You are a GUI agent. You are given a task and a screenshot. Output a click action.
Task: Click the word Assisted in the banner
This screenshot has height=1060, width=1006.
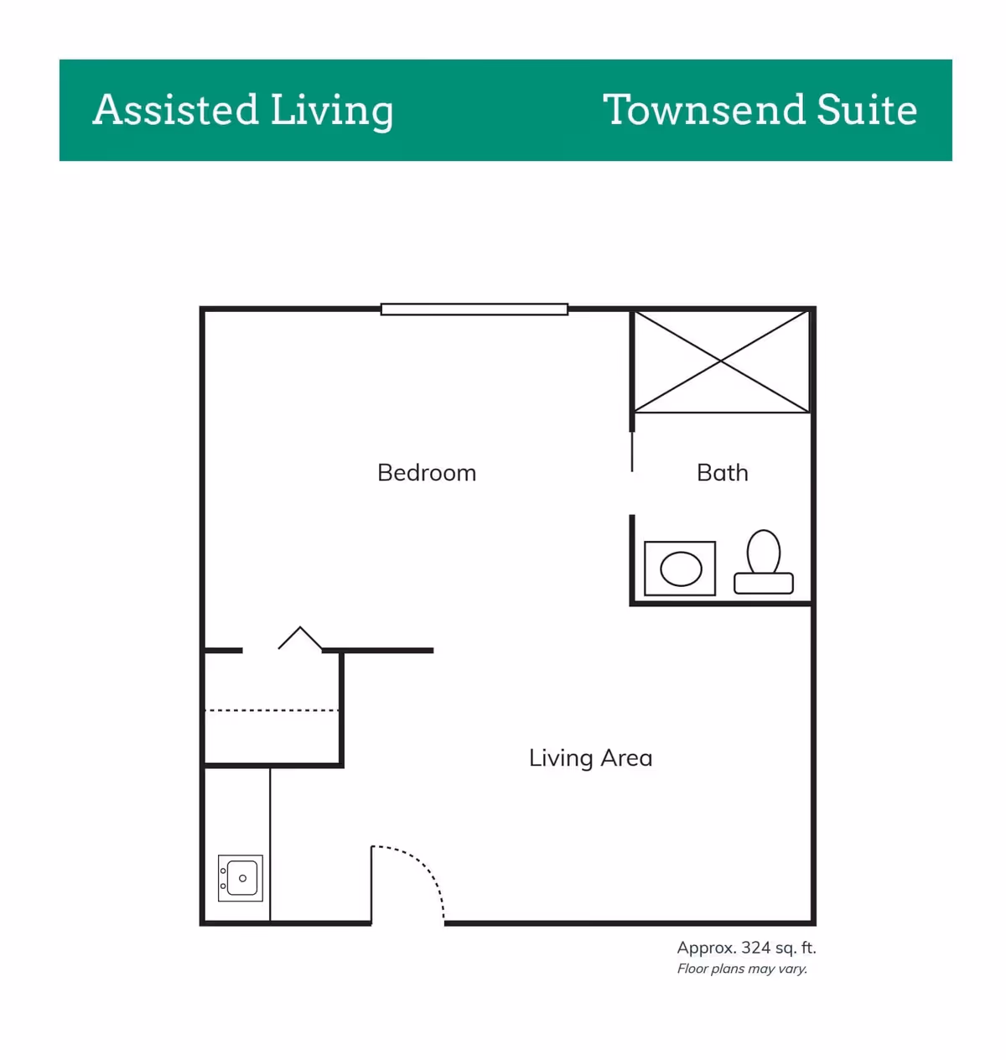pyautogui.click(x=175, y=110)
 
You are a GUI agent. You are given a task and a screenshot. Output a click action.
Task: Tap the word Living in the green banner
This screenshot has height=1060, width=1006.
pyautogui.click(x=332, y=112)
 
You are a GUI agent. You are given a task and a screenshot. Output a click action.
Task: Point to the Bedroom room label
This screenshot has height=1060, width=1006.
pyautogui.click(x=427, y=473)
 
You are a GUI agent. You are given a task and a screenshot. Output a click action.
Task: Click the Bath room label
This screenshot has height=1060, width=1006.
pyautogui.click(x=722, y=473)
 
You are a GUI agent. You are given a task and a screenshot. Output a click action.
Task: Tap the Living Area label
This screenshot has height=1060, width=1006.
pyautogui.click(x=590, y=758)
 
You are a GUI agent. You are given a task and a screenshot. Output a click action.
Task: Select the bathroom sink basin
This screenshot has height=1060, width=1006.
pyautogui.click(x=680, y=569)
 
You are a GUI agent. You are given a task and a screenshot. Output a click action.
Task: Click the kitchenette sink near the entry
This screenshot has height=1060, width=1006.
pyautogui.click(x=241, y=878)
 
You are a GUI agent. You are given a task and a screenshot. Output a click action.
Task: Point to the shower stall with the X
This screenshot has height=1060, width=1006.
pyautogui.click(x=721, y=361)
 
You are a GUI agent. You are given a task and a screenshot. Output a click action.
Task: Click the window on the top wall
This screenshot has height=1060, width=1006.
pyautogui.click(x=474, y=309)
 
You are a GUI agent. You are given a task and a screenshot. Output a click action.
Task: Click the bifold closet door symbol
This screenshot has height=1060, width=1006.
pyautogui.click(x=299, y=638)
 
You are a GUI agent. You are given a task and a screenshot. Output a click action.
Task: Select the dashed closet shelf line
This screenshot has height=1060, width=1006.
pyautogui.click(x=272, y=711)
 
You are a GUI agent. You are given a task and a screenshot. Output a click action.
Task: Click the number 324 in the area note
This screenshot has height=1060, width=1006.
pyautogui.click(x=756, y=948)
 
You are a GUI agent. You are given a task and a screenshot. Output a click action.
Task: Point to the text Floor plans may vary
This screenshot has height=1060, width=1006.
pyautogui.click(x=742, y=969)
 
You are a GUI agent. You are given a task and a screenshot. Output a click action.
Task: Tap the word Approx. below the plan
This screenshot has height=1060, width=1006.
pyautogui.click(x=707, y=948)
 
